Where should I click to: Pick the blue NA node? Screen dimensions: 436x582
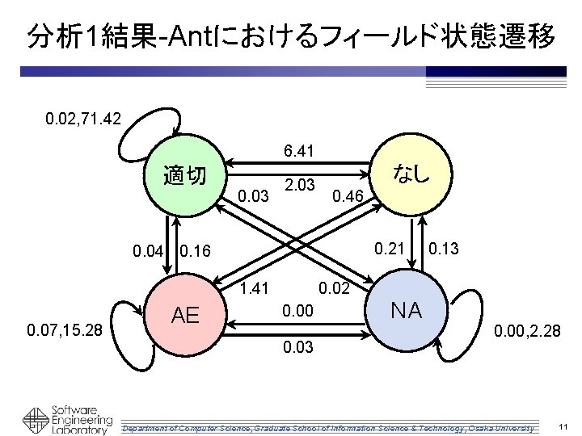(407, 310)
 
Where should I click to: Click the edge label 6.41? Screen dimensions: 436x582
(298, 150)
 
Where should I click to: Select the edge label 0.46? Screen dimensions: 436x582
(348, 195)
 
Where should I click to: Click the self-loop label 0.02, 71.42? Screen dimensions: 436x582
(84, 119)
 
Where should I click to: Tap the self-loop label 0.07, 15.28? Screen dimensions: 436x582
(64, 329)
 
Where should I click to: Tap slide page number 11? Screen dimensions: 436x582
(563, 426)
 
